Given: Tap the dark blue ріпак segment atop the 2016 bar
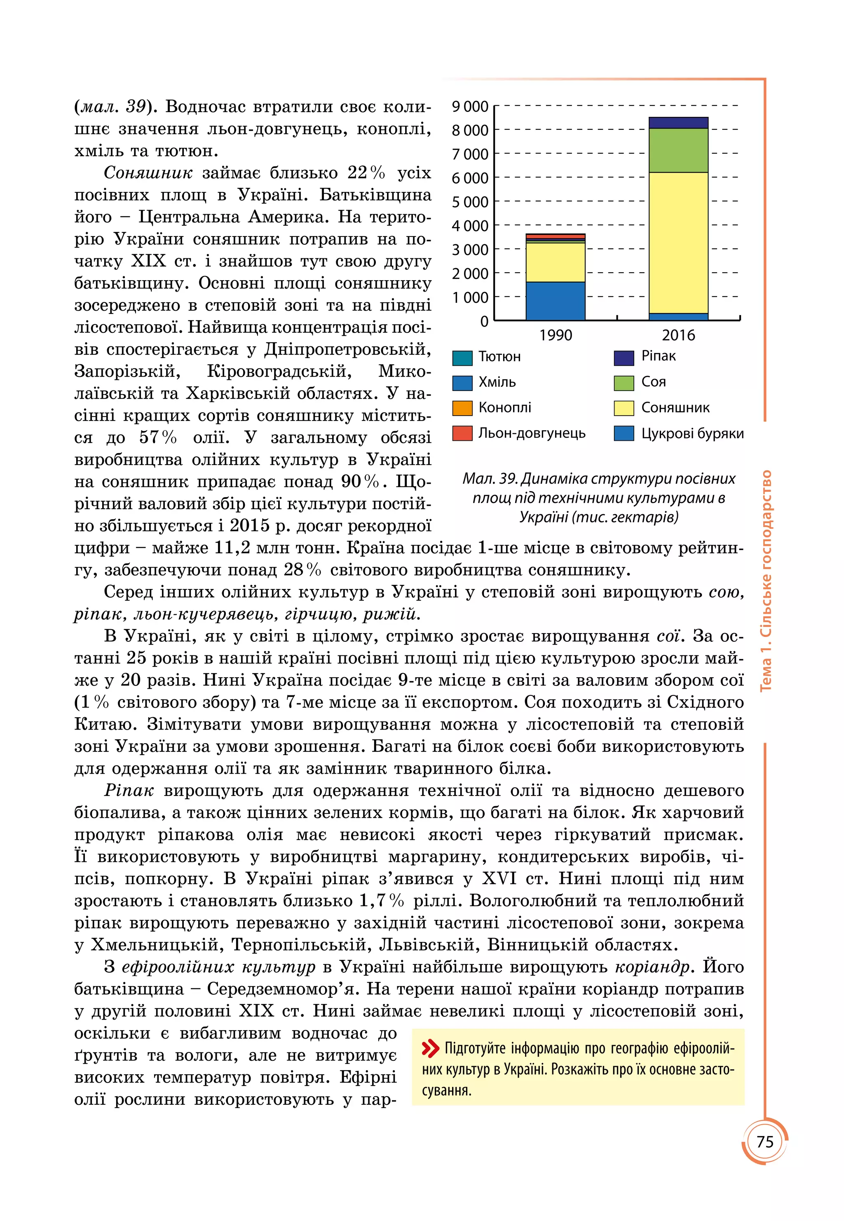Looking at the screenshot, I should pyautogui.click(x=678, y=123).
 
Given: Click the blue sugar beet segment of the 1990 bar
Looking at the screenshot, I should pyautogui.click(x=555, y=301).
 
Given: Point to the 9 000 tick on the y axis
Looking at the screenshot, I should pyautogui.click(x=469, y=106).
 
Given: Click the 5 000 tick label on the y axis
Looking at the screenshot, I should pyautogui.click(x=469, y=202).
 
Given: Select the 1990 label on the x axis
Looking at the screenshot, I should pyautogui.click(x=555, y=335).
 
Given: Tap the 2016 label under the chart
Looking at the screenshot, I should pyautogui.click(x=678, y=335).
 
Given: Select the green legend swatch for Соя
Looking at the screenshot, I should pyautogui.click(x=624, y=383).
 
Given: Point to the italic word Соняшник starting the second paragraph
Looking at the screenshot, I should pyautogui.click(x=148, y=173).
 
